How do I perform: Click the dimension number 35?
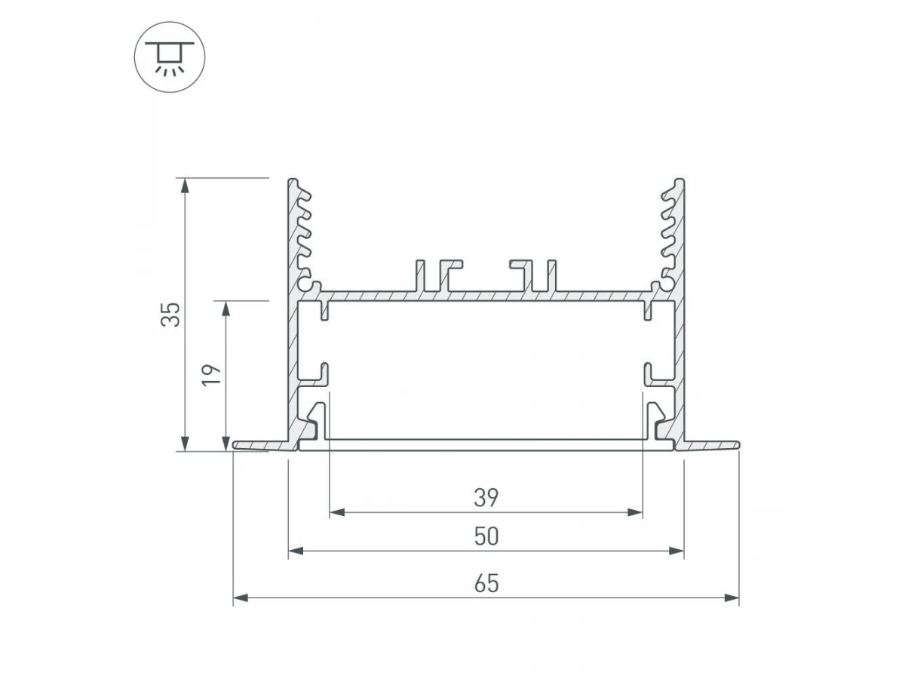170,315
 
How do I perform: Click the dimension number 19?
211,375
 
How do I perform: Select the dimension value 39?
486,498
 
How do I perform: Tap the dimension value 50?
486,536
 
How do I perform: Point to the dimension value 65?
486,583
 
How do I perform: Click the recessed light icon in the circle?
170,57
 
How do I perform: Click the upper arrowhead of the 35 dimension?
185,186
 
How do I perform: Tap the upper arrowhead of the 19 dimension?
225,309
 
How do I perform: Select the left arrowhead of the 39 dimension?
337,512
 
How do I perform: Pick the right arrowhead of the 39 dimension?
635,512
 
